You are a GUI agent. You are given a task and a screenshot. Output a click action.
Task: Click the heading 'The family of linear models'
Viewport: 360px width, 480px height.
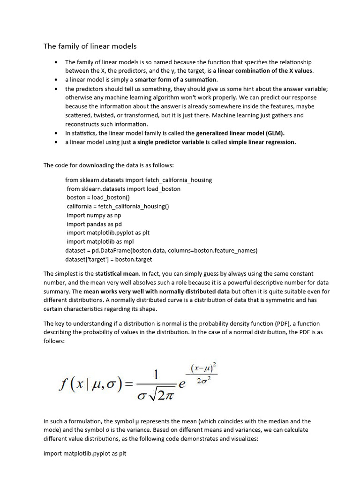(90, 46)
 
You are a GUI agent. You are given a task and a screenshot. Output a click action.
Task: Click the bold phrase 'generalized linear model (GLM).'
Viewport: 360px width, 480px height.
(240, 133)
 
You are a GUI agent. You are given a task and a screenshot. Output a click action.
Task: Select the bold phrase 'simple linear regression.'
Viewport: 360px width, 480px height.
(262, 142)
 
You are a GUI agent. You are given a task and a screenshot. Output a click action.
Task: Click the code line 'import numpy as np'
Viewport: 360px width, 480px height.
(94, 215)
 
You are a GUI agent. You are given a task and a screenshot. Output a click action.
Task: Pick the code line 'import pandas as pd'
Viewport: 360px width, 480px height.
(94, 224)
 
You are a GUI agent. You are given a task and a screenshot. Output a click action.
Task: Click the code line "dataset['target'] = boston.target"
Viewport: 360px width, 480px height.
(109, 259)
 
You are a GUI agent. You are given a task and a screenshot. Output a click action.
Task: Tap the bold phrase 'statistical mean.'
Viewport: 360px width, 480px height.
(117, 273)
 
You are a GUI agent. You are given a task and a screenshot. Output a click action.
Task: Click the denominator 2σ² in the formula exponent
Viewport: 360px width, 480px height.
(205, 381)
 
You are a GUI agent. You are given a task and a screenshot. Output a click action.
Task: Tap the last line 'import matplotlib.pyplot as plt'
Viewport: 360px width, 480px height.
(85, 454)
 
